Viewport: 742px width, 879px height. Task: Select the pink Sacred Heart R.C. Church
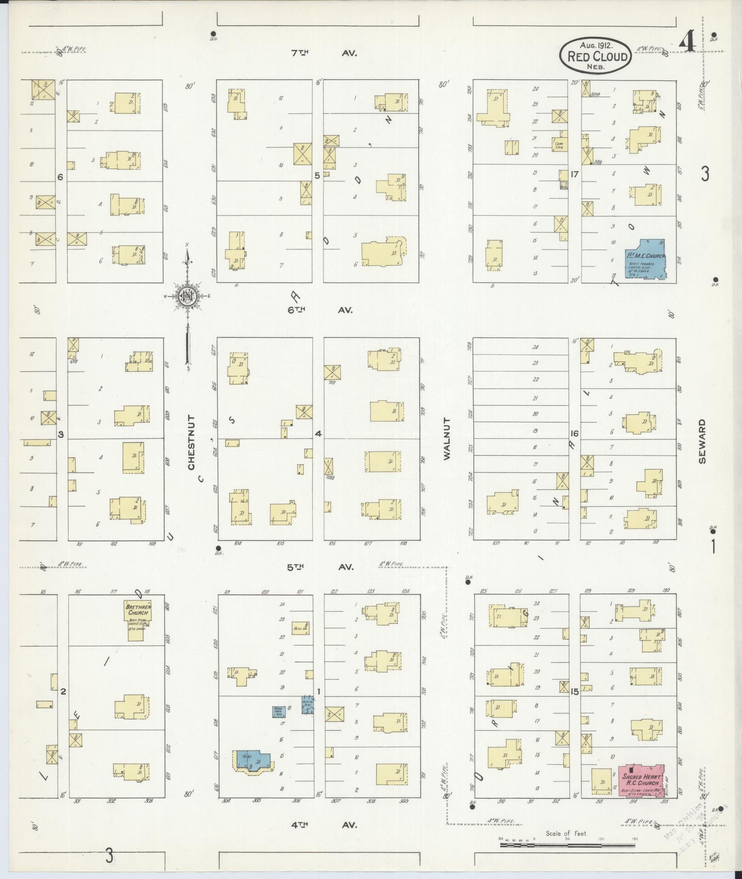click(641, 780)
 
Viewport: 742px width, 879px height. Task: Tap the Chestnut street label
click(191, 442)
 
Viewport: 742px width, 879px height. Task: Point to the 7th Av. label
click(322, 53)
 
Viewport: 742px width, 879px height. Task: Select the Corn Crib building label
click(559, 145)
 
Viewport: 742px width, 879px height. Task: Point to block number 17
click(574, 175)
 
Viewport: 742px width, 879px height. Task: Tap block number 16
click(574, 433)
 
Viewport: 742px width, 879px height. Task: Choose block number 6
click(60, 177)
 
